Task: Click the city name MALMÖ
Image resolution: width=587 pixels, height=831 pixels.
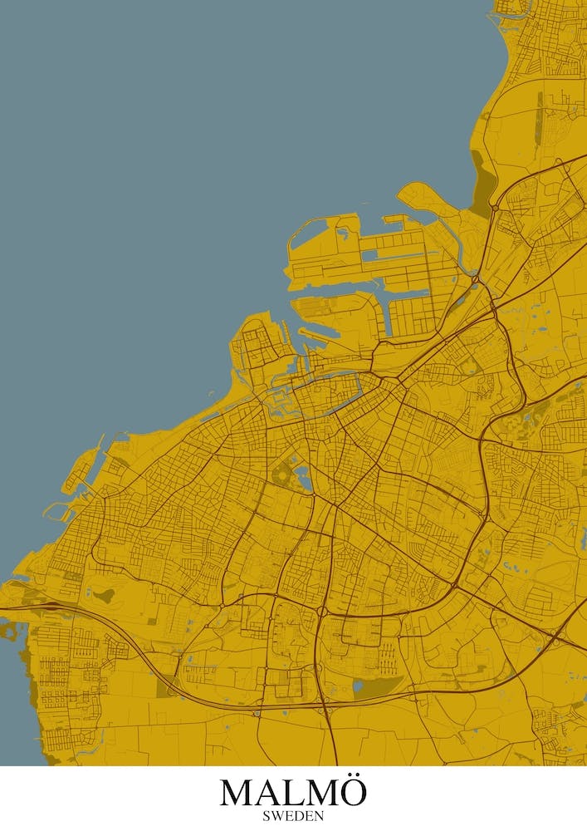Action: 293,792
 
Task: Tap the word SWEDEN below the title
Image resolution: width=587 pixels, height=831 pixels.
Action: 293,816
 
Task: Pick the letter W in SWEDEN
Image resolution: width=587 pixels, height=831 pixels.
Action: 276,816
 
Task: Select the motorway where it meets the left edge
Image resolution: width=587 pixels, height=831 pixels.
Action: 3,608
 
